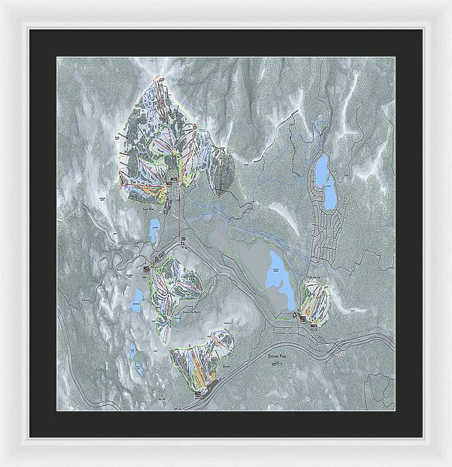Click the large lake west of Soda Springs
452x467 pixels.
pos(276,272)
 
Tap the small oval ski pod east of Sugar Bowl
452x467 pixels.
pos(222,169)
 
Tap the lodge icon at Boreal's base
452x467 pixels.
pos(199,392)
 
